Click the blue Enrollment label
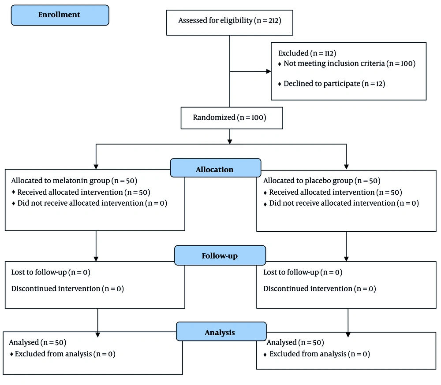[x=60, y=15]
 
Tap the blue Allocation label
[x=216, y=168]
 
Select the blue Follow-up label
[x=220, y=255]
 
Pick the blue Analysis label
[x=221, y=332]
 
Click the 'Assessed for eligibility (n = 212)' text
[x=230, y=21]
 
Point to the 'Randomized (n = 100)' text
[x=229, y=118]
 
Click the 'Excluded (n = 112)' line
[x=307, y=53]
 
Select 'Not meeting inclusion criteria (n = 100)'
[x=350, y=63]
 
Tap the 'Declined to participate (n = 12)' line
[x=334, y=84]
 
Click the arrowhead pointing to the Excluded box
[x=269, y=71]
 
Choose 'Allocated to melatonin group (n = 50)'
[x=74, y=181]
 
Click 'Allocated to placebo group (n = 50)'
[x=322, y=181]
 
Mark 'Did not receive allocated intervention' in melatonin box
[x=92, y=203]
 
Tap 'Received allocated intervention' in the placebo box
[x=336, y=192]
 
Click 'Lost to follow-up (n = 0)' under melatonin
[x=51, y=272]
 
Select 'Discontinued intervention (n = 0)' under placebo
[x=319, y=289]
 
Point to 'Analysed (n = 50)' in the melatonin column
[x=37, y=343]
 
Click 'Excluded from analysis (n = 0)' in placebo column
[x=320, y=354]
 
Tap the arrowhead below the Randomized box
[x=230, y=141]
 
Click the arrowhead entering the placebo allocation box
[x=346, y=167]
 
